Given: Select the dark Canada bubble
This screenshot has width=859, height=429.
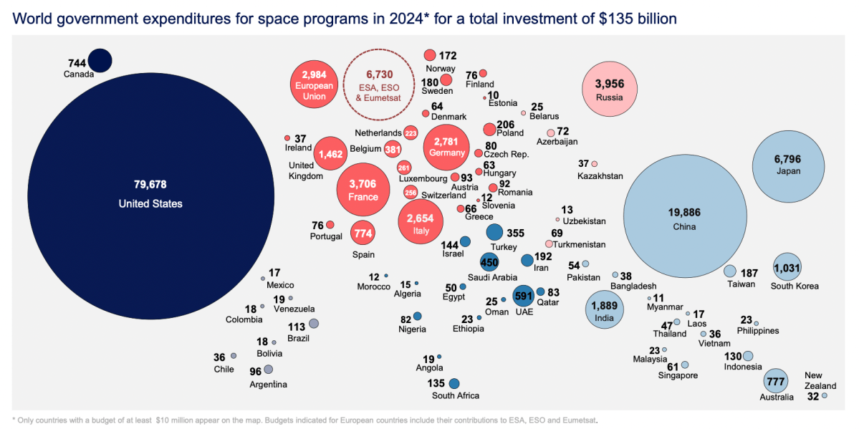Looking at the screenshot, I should (x=100, y=60).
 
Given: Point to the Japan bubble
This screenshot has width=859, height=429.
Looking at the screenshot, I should (x=787, y=161).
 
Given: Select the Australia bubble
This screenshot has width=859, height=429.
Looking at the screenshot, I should (x=776, y=380).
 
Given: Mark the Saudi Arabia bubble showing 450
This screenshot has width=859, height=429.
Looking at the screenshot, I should (x=489, y=262).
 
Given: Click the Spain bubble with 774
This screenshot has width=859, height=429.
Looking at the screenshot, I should (x=363, y=233).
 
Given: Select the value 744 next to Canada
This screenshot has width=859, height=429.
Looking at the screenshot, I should (x=77, y=63).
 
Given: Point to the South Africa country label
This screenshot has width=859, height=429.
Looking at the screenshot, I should (x=456, y=395).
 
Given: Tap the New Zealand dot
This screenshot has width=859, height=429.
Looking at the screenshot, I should (x=825, y=395).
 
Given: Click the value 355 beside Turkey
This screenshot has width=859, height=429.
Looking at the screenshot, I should (x=516, y=233).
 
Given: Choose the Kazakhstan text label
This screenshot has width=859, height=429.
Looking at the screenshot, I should (x=600, y=175).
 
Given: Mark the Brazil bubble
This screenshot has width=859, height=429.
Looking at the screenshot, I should (x=314, y=324).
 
